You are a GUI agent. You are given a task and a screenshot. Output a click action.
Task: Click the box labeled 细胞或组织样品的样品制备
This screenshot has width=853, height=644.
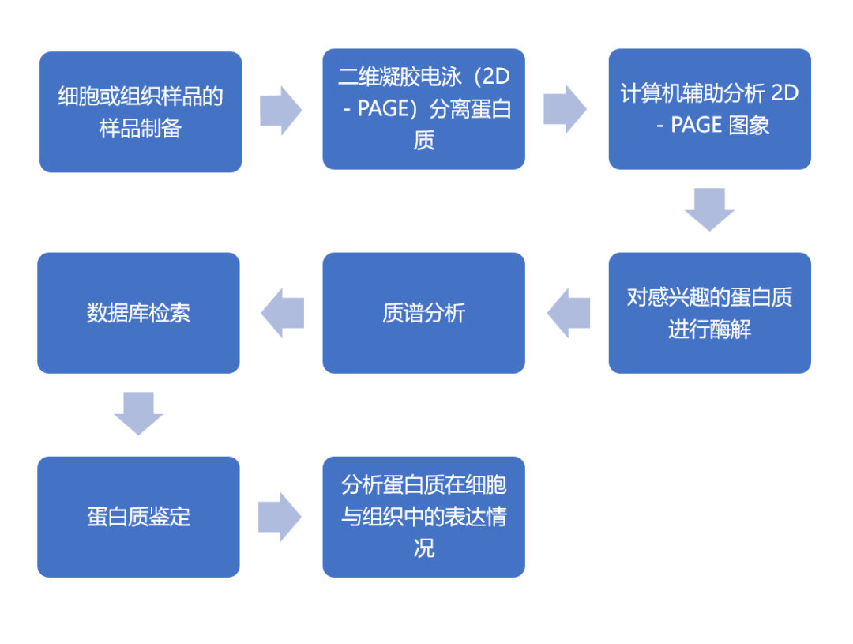(x=141, y=112)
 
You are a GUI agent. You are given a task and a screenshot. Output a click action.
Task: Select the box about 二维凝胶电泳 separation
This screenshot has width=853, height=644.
(x=424, y=109)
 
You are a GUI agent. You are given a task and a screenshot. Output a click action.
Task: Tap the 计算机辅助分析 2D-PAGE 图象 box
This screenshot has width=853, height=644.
(x=710, y=109)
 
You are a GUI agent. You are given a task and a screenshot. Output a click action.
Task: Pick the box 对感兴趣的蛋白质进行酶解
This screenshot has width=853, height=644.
(x=710, y=313)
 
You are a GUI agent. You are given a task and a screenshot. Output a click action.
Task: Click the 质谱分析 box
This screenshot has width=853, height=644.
(x=424, y=313)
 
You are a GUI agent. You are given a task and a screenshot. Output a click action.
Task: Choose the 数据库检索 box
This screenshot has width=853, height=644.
(x=139, y=313)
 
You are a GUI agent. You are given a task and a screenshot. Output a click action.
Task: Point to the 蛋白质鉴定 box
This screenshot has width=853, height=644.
(x=139, y=517)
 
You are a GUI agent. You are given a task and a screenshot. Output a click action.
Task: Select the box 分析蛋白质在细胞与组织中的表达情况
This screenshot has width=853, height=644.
(x=424, y=517)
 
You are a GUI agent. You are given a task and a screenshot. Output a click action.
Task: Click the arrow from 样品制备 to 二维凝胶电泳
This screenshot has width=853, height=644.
(x=280, y=111)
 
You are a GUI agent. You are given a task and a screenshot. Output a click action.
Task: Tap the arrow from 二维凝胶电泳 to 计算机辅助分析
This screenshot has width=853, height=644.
(x=566, y=109)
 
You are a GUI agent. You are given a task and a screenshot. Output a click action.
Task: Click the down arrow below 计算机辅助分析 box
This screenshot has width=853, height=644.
(x=709, y=209)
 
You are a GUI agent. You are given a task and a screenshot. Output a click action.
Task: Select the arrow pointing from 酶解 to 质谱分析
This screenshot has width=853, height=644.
(x=569, y=313)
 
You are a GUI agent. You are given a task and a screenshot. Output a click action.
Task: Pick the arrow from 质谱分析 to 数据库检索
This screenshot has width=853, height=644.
(x=282, y=313)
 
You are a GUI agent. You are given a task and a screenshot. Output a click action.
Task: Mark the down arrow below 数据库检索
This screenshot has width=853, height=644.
(x=138, y=414)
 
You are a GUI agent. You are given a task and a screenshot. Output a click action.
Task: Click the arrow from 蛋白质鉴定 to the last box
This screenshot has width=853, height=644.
(x=280, y=517)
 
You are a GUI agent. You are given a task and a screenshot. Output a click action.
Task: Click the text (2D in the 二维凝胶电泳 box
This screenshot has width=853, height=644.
(x=492, y=77)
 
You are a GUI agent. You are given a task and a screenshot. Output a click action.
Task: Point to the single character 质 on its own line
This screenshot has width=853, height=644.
(x=424, y=141)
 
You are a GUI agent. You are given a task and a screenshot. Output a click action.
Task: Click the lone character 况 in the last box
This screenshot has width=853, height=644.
(x=424, y=548)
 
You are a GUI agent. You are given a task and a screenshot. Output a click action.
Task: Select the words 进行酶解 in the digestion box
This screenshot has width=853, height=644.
(x=709, y=330)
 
